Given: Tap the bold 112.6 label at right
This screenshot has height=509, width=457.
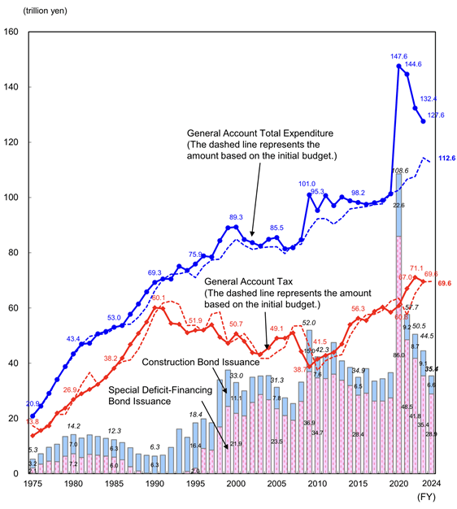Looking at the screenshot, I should [446, 159].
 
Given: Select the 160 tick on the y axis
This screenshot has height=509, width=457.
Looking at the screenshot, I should [13, 32].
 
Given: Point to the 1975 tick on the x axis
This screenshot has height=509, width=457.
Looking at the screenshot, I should [33, 484].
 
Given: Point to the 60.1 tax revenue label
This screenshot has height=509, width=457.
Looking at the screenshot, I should [157, 299].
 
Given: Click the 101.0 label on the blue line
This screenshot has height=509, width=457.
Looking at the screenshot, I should [307, 185].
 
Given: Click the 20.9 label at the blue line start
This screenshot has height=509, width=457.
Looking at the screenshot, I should [32, 404].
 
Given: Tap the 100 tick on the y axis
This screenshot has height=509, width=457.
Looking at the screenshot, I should [13, 198].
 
